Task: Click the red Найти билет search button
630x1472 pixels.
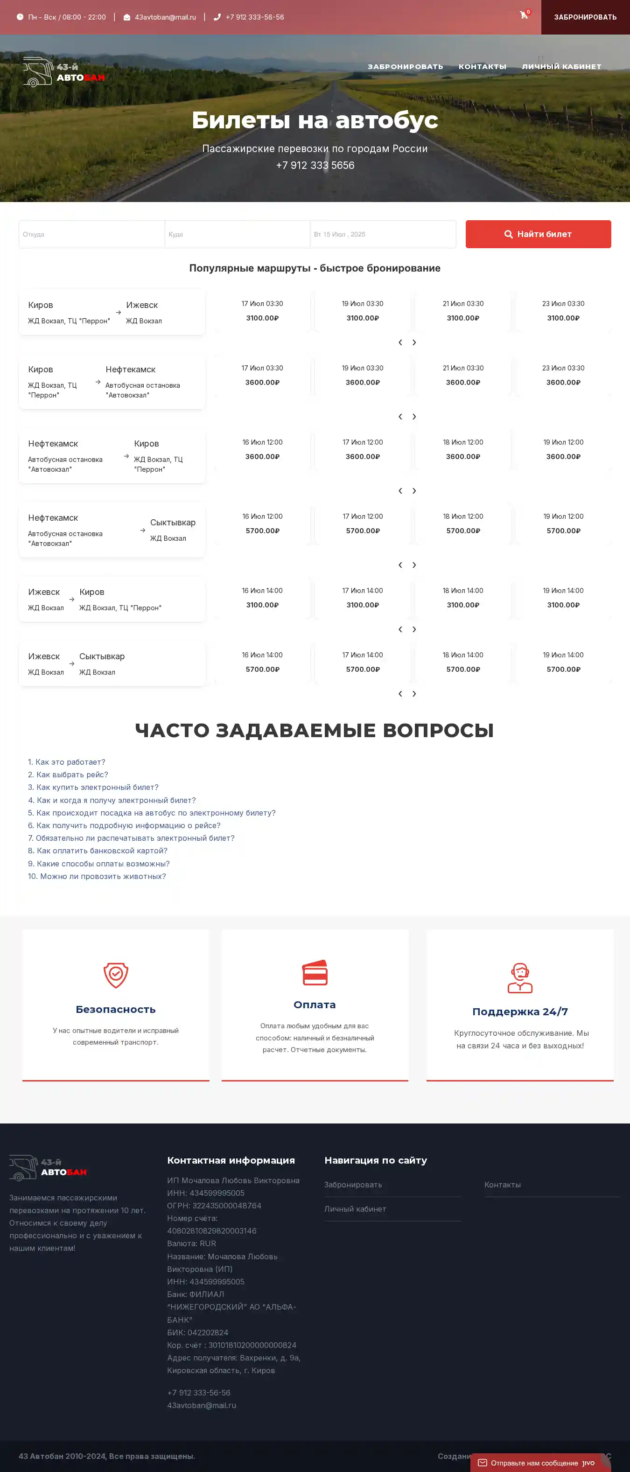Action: tap(538, 234)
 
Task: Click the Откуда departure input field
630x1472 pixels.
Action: tap(91, 234)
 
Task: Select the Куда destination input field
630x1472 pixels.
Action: tap(237, 234)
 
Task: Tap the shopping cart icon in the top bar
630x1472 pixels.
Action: tap(524, 15)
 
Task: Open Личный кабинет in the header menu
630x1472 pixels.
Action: tap(561, 67)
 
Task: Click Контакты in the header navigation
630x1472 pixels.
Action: tap(482, 67)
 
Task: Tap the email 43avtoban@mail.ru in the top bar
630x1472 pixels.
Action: tap(165, 17)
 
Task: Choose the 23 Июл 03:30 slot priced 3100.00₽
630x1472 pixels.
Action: tap(563, 311)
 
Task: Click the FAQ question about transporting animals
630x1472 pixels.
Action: tap(97, 876)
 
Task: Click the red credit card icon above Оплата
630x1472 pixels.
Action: tap(315, 973)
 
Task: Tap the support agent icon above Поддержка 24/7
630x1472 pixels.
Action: tap(520, 978)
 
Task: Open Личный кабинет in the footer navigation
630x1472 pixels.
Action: tap(355, 1208)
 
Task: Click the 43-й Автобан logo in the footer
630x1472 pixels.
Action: tap(48, 1167)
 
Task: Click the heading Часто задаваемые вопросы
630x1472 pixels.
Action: tap(315, 730)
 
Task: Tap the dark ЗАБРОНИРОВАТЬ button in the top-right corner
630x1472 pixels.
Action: tap(585, 17)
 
